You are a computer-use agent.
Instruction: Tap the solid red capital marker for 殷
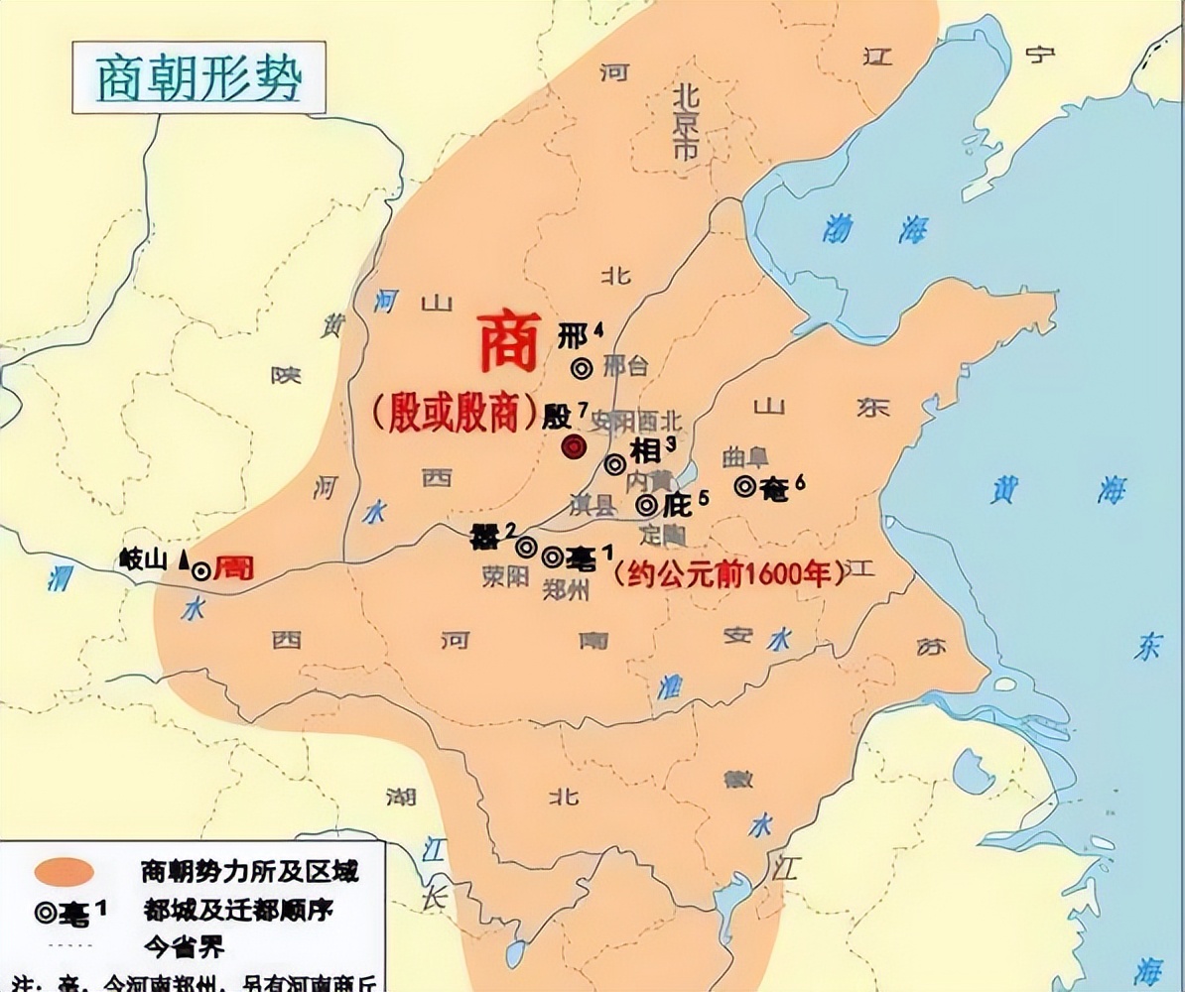tap(572, 447)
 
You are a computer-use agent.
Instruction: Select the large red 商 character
tap(509, 343)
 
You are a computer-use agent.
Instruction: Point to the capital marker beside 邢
tap(583, 368)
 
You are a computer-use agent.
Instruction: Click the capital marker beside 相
tap(615, 463)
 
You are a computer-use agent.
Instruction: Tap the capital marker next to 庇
tap(646, 505)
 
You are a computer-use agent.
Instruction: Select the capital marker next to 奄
tap(745, 486)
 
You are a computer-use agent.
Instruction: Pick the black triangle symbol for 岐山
tap(184, 560)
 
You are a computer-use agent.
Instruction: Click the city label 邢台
tap(625, 366)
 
